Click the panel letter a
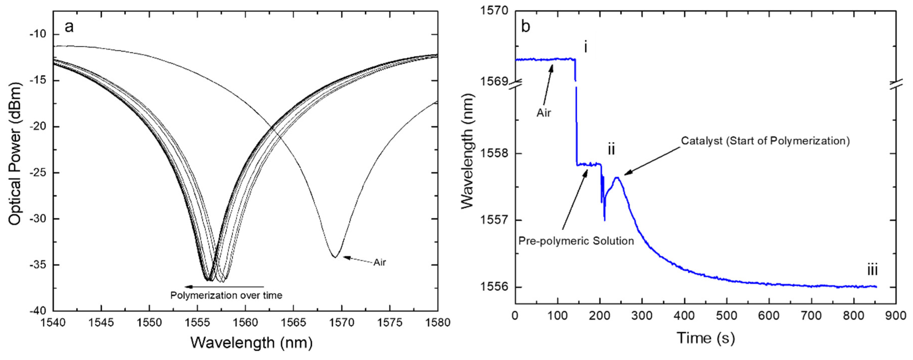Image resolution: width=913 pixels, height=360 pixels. tap(69, 27)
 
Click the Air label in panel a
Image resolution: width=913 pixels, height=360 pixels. tap(379, 263)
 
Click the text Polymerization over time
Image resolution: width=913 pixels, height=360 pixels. tap(226, 295)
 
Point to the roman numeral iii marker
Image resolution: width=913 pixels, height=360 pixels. tap(872, 271)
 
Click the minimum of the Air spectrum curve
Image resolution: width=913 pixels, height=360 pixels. tap(334, 257)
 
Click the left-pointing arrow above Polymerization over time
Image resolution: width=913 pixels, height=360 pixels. tap(223, 286)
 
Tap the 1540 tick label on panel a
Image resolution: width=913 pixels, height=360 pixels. tap(53, 322)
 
